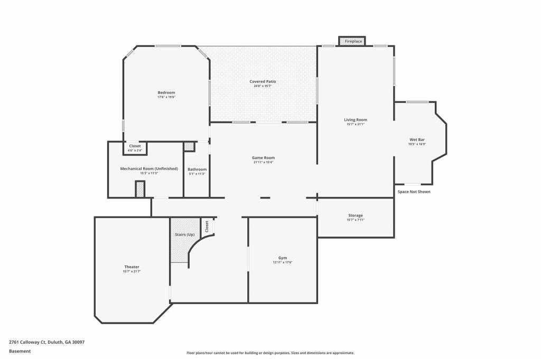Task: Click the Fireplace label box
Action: pos(353,41)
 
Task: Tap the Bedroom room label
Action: pos(166,93)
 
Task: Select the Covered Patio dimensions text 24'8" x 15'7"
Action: pos(263,86)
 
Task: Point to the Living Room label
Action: pos(355,120)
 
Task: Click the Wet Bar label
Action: pos(417,139)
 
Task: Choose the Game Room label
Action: pos(263,158)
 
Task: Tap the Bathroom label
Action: pos(197,169)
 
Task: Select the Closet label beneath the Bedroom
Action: pos(135,146)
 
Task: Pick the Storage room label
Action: pos(355,215)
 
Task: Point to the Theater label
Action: pos(132,267)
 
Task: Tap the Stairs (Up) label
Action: pos(184,234)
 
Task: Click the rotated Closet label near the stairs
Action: pos(207,226)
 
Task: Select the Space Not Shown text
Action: pos(414,192)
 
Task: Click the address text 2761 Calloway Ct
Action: pos(27,342)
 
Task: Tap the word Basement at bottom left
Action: pos(20,351)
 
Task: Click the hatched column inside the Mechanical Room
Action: pos(140,189)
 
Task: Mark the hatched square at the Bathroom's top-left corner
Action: pos(189,147)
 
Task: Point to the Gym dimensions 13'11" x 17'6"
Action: pos(283,262)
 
